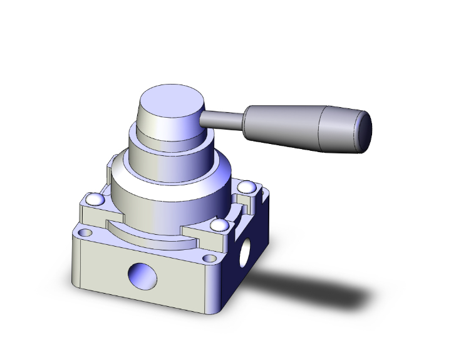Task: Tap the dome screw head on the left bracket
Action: click(95, 200)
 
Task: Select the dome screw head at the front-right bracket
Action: click(217, 225)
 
